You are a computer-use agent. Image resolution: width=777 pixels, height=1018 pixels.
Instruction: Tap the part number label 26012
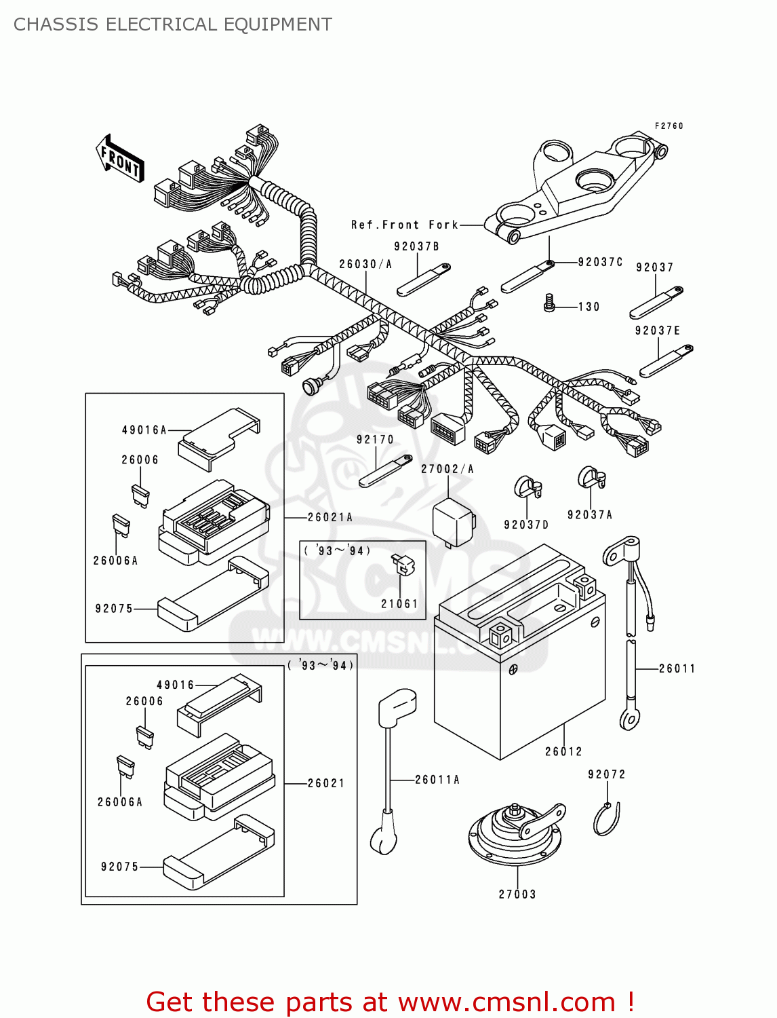(563, 751)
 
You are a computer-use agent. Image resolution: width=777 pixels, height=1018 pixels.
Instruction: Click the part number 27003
(517, 894)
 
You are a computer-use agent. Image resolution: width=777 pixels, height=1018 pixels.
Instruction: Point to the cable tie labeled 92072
(607, 818)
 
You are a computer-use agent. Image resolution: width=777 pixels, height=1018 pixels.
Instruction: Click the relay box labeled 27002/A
(453, 523)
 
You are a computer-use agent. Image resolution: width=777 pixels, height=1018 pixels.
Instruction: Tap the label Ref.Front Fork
(405, 225)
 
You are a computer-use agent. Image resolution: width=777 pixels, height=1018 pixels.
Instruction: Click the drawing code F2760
(669, 126)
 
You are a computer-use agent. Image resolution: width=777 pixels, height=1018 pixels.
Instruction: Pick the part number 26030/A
(365, 264)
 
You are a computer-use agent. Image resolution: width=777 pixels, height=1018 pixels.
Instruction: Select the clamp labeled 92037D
(527, 487)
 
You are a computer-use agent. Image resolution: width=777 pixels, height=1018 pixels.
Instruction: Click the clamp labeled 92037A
(591, 478)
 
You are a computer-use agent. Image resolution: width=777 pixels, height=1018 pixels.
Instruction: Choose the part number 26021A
(330, 517)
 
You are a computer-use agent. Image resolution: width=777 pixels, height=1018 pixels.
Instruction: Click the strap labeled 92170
(384, 471)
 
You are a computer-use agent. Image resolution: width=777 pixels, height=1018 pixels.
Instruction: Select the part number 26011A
(437, 780)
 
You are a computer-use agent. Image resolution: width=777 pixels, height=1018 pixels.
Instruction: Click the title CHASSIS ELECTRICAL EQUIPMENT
(173, 24)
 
